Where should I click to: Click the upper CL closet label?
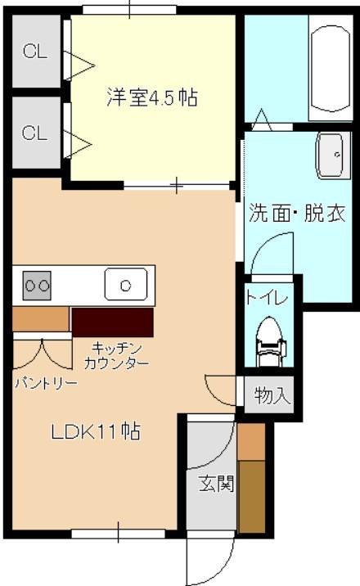(x=35, y=52)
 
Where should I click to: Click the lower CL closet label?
(x=35, y=133)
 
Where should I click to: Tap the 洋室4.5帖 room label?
(x=152, y=98)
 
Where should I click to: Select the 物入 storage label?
(x=272, y=396)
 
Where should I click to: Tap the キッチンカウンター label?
(x=116, y=354)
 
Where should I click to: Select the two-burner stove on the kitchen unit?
(x=36, y=285)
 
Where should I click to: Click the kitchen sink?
(x=125, y=285)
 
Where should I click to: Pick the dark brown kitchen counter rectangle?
(x=113, y=322)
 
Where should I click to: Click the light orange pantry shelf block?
(x=40, y=318)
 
